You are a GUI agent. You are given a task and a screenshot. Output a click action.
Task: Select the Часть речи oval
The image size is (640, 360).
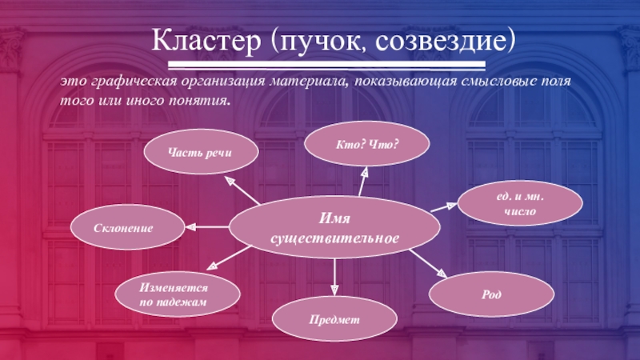point(200,151)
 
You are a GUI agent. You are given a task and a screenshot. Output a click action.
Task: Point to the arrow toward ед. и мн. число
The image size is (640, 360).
point(444,206)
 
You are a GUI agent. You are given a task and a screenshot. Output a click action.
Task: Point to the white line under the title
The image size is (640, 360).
point(320,65)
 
